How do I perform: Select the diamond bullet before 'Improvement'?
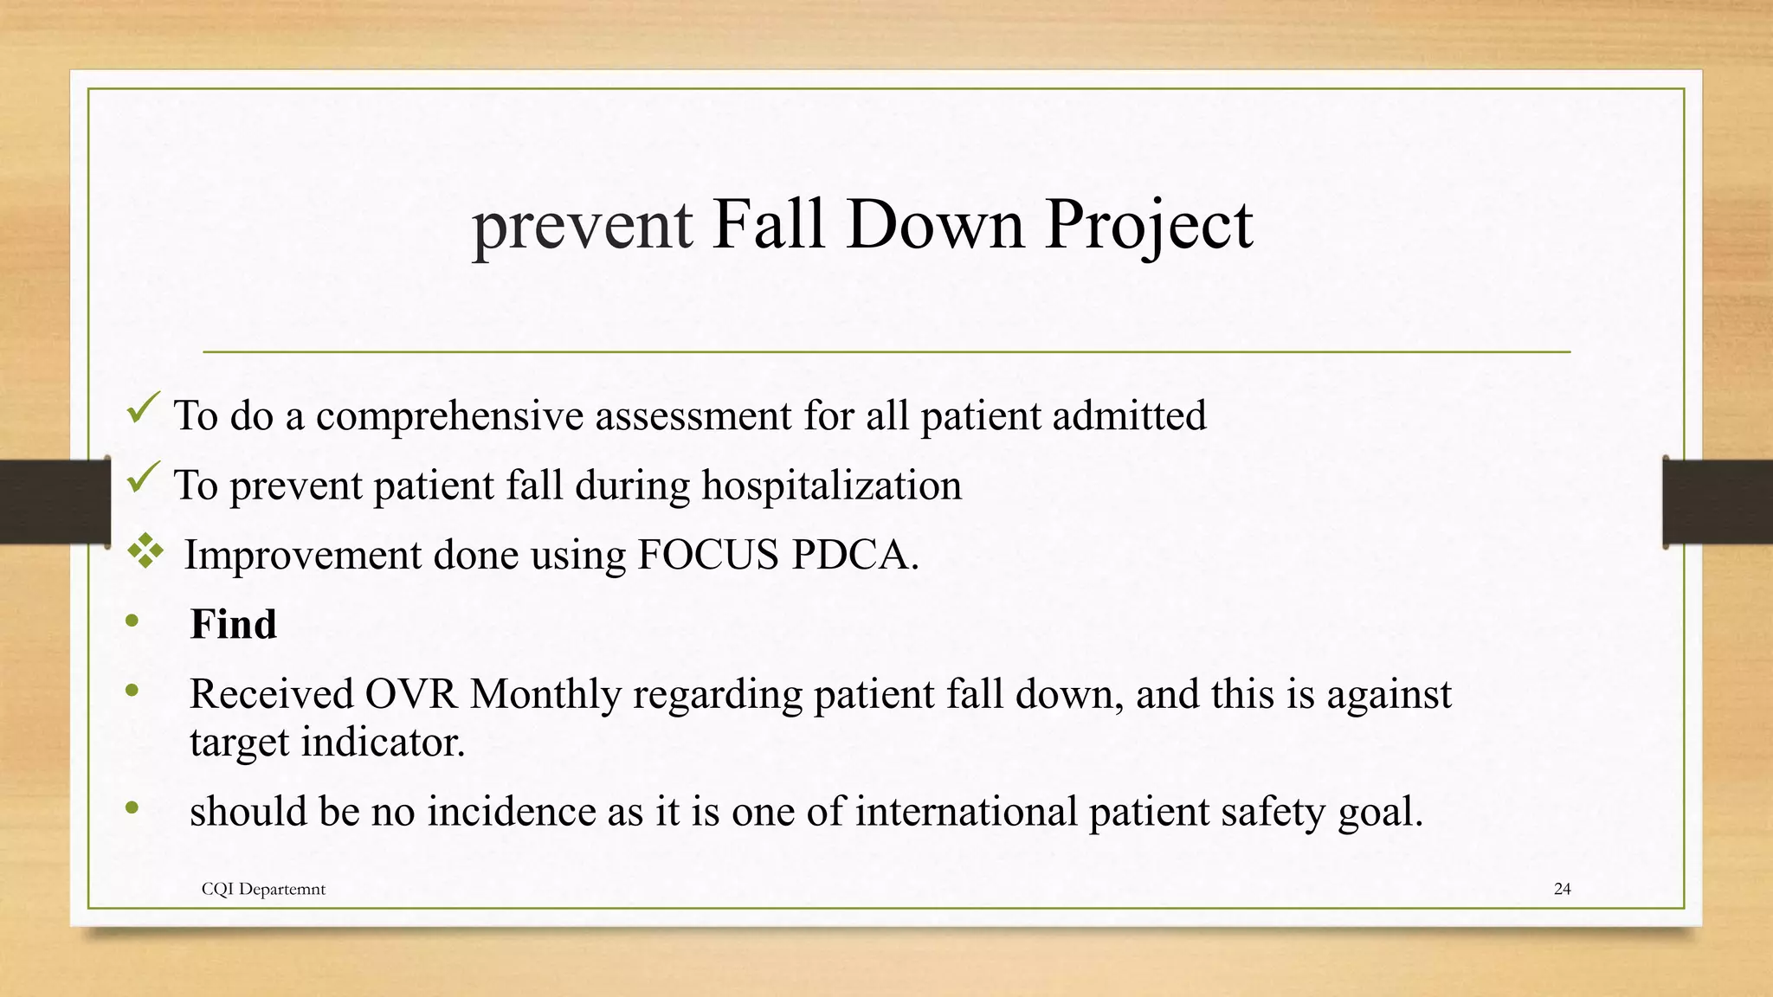(x=145, y=551)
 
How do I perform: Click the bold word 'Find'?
(x=233, y=624)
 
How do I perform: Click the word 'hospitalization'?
(x=831, y=486)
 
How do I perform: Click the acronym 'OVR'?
(x=410, y=694)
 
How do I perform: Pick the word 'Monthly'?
(x=545, y=694)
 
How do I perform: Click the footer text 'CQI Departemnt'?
(x=263, y=889)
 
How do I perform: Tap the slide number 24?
(x=1562, y=889)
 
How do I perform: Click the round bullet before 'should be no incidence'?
(x=132, y=808)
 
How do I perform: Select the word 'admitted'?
(x=1129, y=416)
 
